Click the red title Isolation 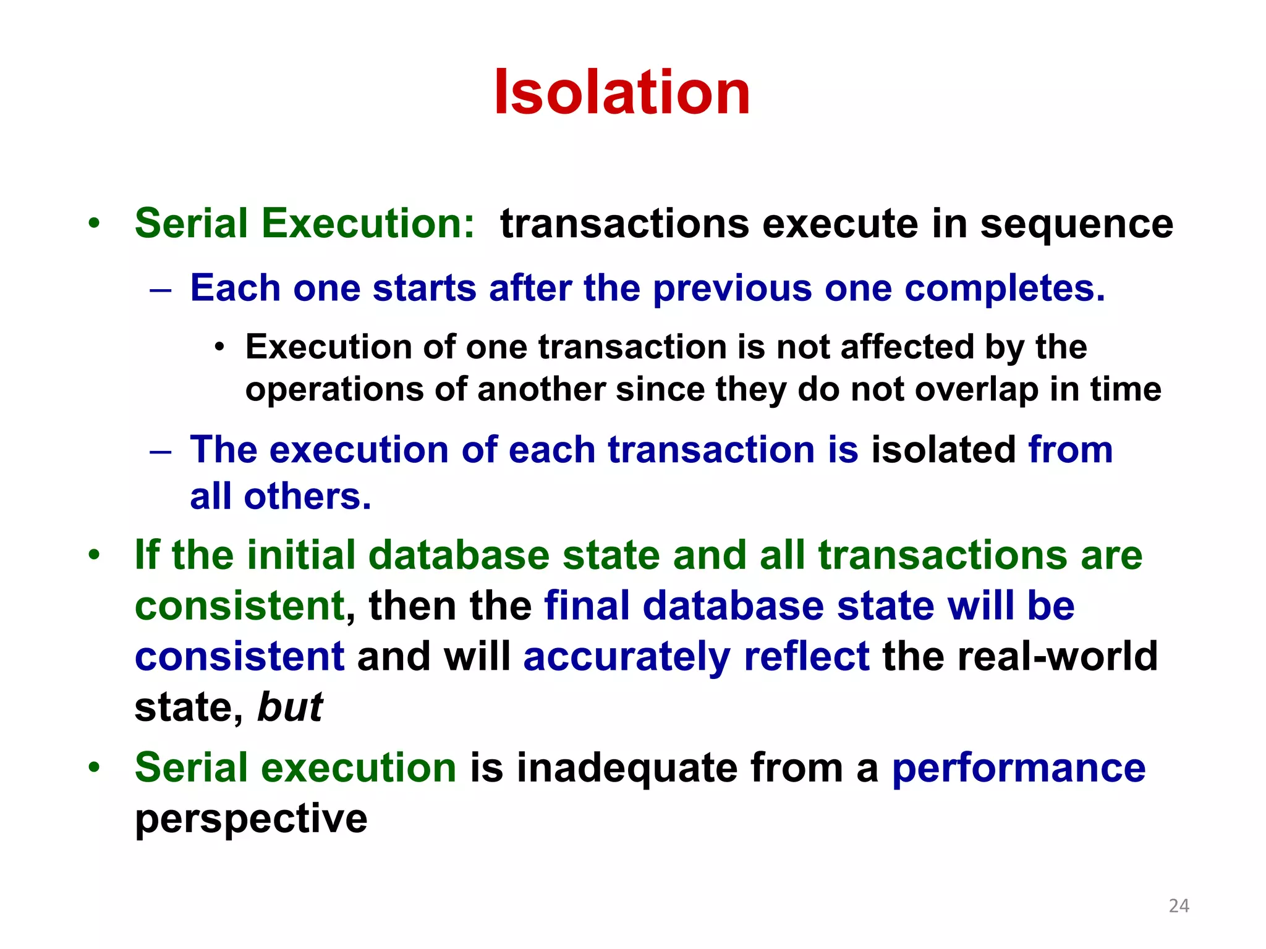click(622, 93)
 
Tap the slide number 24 click(1179, 906)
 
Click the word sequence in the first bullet click(1076, 224)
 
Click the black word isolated click(943, 449)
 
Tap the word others click(307, 497)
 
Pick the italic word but click(290, 707)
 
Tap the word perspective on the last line click(251, 820)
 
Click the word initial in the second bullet click(300, 555)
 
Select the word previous click(732, 289)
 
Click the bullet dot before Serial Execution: click(93, 224)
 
